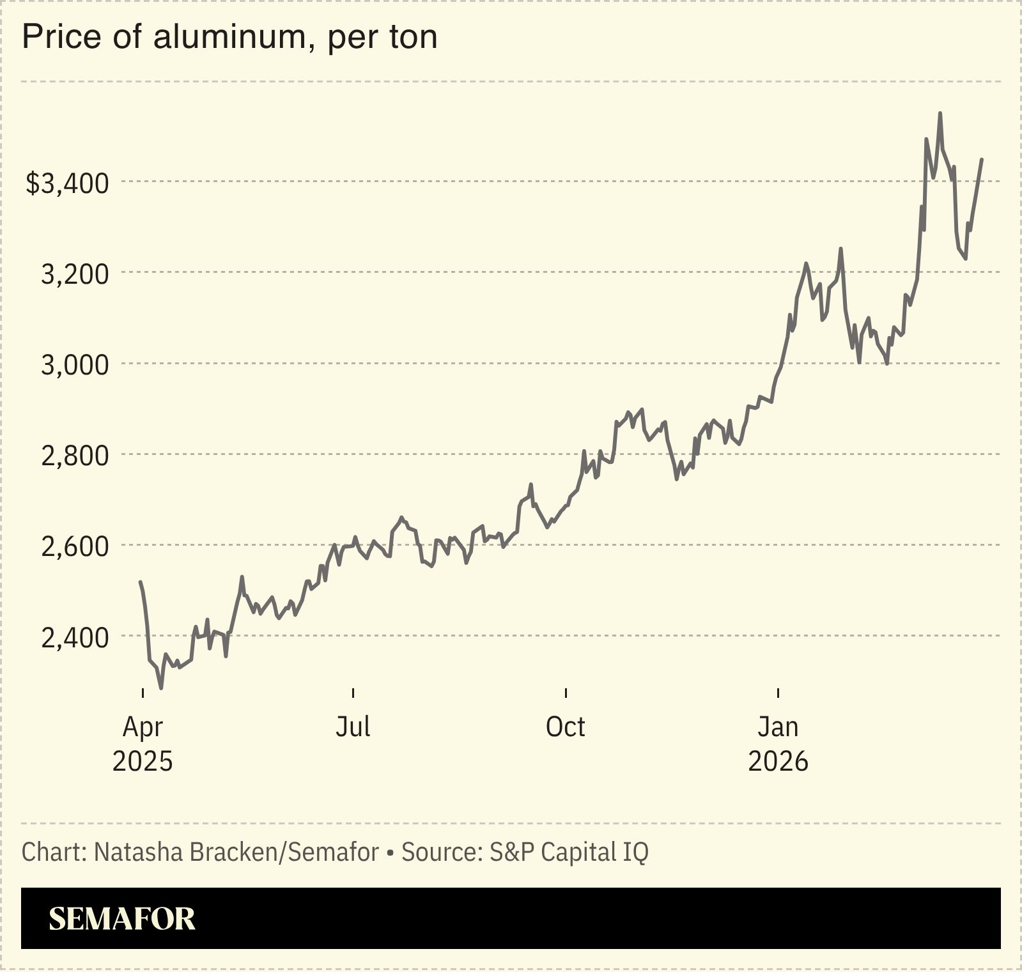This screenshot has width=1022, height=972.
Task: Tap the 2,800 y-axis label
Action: coord(75,456)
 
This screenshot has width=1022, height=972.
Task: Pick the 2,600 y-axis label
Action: coord(75,547)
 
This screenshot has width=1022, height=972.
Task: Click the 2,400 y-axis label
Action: coord(75,638)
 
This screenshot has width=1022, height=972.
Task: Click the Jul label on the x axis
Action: coord(353,727)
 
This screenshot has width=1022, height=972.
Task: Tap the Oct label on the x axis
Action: coord(566,727)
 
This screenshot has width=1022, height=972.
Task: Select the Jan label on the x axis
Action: coord(778,727)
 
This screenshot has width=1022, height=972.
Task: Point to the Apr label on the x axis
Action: coord(143,727)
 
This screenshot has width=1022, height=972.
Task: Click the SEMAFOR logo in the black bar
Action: coord(122,919)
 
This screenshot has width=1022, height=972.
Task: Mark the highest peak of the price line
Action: coord(940,113)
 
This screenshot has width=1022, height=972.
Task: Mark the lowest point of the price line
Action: coord(161,688)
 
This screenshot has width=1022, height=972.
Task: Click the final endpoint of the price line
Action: coord(982,159)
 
